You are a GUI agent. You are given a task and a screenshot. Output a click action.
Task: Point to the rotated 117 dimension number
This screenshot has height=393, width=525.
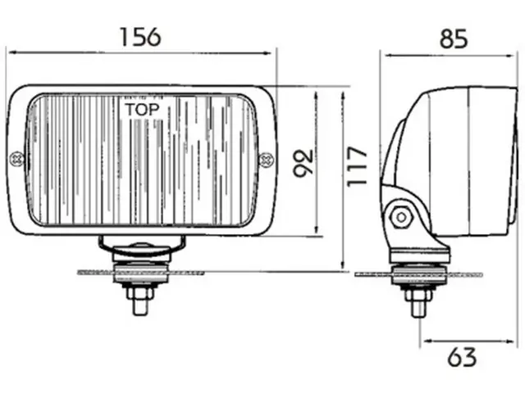355,166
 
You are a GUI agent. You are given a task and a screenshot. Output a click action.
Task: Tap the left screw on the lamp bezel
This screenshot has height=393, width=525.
16,159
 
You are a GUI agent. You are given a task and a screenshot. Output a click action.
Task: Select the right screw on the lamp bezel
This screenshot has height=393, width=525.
265,159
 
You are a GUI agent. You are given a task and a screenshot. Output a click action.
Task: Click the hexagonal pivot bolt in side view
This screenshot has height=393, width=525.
400,217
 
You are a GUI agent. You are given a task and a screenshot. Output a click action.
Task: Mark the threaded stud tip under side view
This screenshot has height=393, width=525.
418,308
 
